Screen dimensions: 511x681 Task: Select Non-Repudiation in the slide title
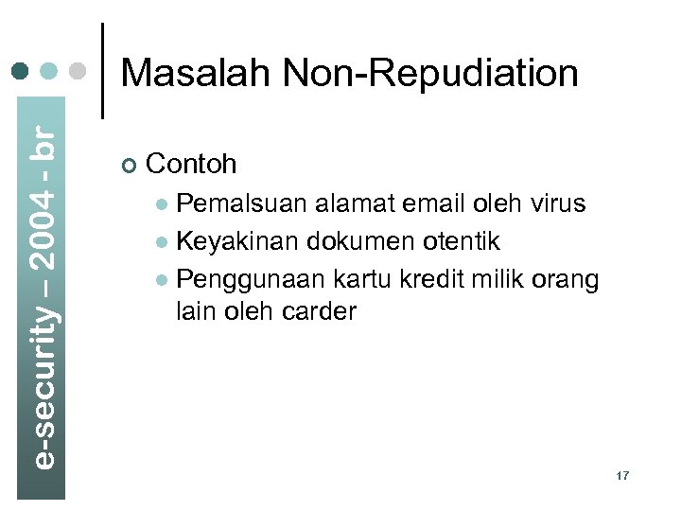pos(430,73)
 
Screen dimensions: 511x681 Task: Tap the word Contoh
pos(192,165)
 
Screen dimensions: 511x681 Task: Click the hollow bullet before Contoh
pos(130,167)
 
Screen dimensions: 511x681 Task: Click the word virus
pos(557,203)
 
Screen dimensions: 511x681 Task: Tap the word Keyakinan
pos(239,241)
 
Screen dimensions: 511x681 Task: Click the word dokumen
pos(357,241)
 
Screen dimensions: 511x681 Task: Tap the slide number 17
pos(621,475)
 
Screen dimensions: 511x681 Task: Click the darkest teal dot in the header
pos(18,71)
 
